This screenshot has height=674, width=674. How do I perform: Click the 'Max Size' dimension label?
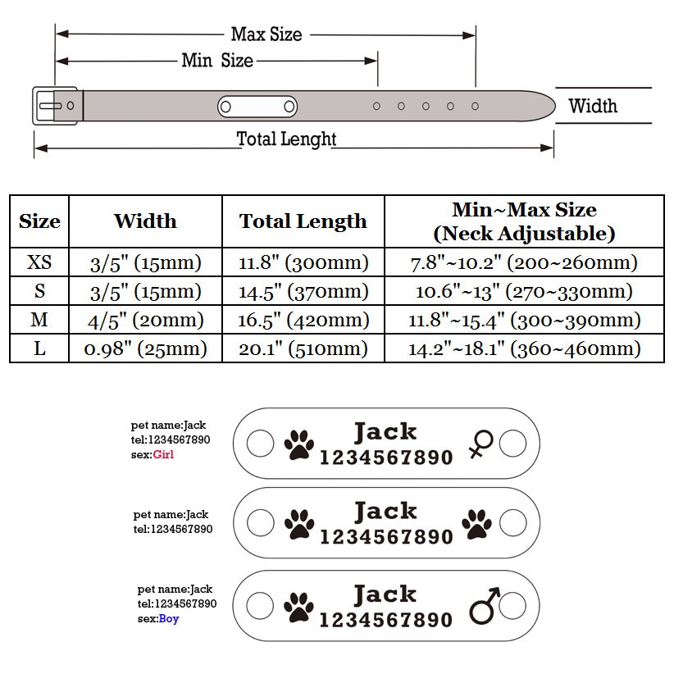coord(266,34)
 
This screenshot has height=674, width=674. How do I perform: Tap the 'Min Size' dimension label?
coord(217,61)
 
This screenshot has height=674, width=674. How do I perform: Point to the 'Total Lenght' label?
coord(286,139)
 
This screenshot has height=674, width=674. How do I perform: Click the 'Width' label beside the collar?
coord(593,106)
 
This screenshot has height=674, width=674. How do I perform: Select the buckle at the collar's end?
coord(56,106)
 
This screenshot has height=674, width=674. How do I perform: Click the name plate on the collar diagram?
coord(257,106)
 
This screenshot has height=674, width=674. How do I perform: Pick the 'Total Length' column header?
coord(303,221)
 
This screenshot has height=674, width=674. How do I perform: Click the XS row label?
coord(39,262)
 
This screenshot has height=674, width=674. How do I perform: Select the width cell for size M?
coord(146,321)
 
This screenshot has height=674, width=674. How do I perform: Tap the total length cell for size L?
coord(303,348)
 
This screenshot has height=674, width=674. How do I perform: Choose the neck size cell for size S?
coord(524,291)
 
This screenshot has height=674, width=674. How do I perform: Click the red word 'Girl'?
coord(163,454)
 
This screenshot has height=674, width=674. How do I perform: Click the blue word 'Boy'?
coord(169,618)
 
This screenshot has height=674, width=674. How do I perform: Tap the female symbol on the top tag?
coord(481,444)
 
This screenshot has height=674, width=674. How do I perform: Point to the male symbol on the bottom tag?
coord(485,605)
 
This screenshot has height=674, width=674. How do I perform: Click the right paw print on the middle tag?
coord(476,524)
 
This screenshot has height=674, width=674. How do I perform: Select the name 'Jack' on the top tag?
coord(385,431)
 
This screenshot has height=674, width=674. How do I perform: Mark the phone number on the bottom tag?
coord(386,620)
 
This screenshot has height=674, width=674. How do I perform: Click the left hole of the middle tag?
coord(261,522)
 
